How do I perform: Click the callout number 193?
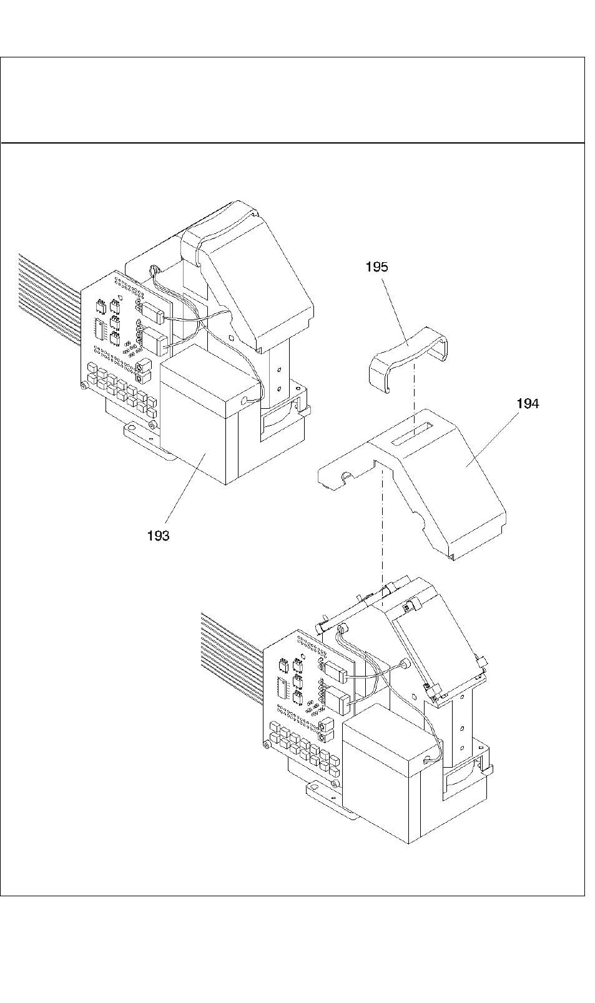158,536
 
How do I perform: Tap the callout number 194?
528,404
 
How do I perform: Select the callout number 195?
376,267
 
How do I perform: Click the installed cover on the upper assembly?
262,275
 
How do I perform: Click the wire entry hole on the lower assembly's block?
426,760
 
